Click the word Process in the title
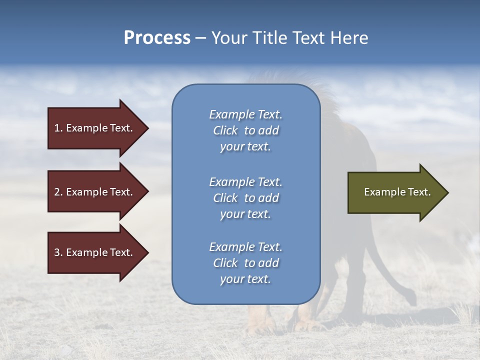(157, 38)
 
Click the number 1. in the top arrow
(58, 128)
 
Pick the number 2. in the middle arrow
(58, 192)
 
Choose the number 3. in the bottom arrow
(58, 252)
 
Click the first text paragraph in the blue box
(245, 130)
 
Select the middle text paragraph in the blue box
(245, 198)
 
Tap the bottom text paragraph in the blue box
(245, 263)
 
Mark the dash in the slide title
(200, 38)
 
